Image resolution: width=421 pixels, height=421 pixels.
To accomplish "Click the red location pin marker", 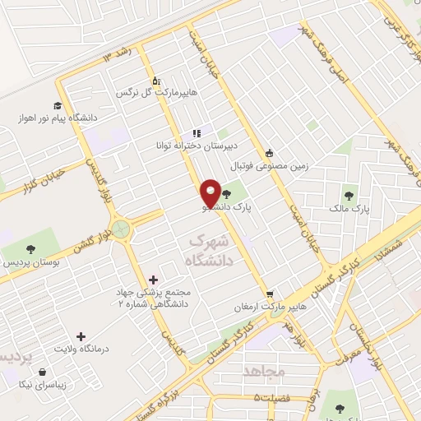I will tap(211, 192).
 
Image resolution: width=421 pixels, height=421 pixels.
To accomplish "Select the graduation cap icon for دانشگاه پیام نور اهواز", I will tap(58, 105).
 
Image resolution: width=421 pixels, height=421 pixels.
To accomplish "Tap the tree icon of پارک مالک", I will tap(350, 197).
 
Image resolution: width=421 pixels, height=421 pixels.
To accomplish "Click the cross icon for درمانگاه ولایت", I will tap(80, 335).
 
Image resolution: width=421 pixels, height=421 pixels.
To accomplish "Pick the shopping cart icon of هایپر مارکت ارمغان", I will tap(269, 294).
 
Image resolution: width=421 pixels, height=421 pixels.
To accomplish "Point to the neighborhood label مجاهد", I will tap(264, 372).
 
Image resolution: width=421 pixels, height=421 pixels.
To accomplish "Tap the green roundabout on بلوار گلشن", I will tap(121, 229).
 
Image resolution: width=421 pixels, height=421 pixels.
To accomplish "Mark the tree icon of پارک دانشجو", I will tap(227, 195).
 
